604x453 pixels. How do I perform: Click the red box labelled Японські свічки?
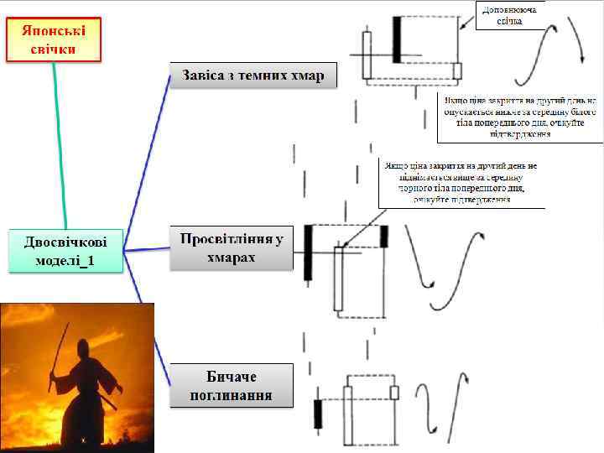tap(54, 39)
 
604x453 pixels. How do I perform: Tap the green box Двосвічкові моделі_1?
tap(65, 249)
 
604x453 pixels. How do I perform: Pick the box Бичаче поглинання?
tap(232, 385)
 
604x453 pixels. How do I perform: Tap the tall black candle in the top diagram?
tap(397, 39)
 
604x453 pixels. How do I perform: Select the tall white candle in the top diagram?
tap(367, 55)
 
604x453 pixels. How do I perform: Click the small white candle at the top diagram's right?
tap(456, 70)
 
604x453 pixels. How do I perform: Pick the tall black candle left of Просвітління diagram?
tap(308, 252)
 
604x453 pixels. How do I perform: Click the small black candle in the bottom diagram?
tap(318, 413)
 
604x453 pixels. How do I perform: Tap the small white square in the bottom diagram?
tap(395, 392)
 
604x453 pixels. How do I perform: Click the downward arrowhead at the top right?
tap(582, 57)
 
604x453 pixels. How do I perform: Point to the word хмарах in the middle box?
tap(232, 258)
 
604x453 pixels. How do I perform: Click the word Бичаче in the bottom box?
tap(232, 375)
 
